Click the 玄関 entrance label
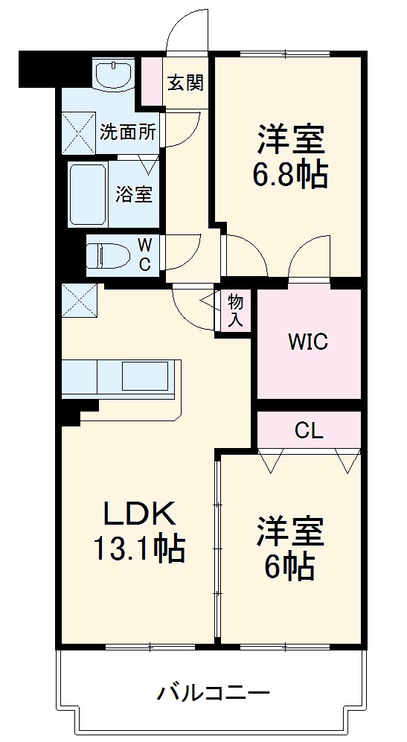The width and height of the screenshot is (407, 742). pos(185,83)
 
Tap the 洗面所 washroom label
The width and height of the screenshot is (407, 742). pos(128,133)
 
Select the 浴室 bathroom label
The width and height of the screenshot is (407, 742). pos(134,195)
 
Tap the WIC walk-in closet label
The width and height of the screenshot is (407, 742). pos(308,342)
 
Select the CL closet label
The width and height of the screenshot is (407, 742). pos(308,430)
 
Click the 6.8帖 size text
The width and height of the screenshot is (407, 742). pos(291,175)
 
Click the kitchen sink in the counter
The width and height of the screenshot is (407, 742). pos(147,377)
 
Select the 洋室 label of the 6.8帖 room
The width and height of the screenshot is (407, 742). pos(291,138)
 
